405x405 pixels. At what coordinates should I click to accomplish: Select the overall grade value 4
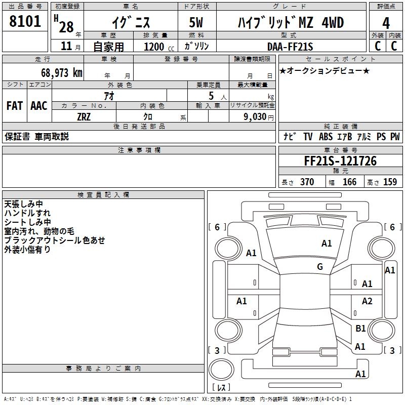click(x=386, y=23)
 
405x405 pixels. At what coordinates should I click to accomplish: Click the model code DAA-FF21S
click(x=290, y=47)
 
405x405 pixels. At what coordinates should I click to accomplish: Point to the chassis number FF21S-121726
click(x=340, y=161)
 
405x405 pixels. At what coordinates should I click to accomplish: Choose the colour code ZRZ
click(x=85, y=116)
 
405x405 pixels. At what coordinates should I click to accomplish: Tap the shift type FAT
click(x=15, y=106)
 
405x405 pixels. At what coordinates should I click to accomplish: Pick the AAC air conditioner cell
click(x=39, y=106)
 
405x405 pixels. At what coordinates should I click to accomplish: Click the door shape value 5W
click(x=197, y=23)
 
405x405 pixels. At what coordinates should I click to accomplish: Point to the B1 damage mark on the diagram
click(x=360, y=329)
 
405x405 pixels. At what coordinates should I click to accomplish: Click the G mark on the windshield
click(x=320, y=267)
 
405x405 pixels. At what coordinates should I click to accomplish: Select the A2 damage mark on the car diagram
click(x=367, y=301)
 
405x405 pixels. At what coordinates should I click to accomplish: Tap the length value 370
click(x=307, y=182)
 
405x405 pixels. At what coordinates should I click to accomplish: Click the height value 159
click(x=390, y=182)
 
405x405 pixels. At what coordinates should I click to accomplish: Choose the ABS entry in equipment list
click(x=326, y=136)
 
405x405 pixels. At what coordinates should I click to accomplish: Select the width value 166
click(x=349, y=182)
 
